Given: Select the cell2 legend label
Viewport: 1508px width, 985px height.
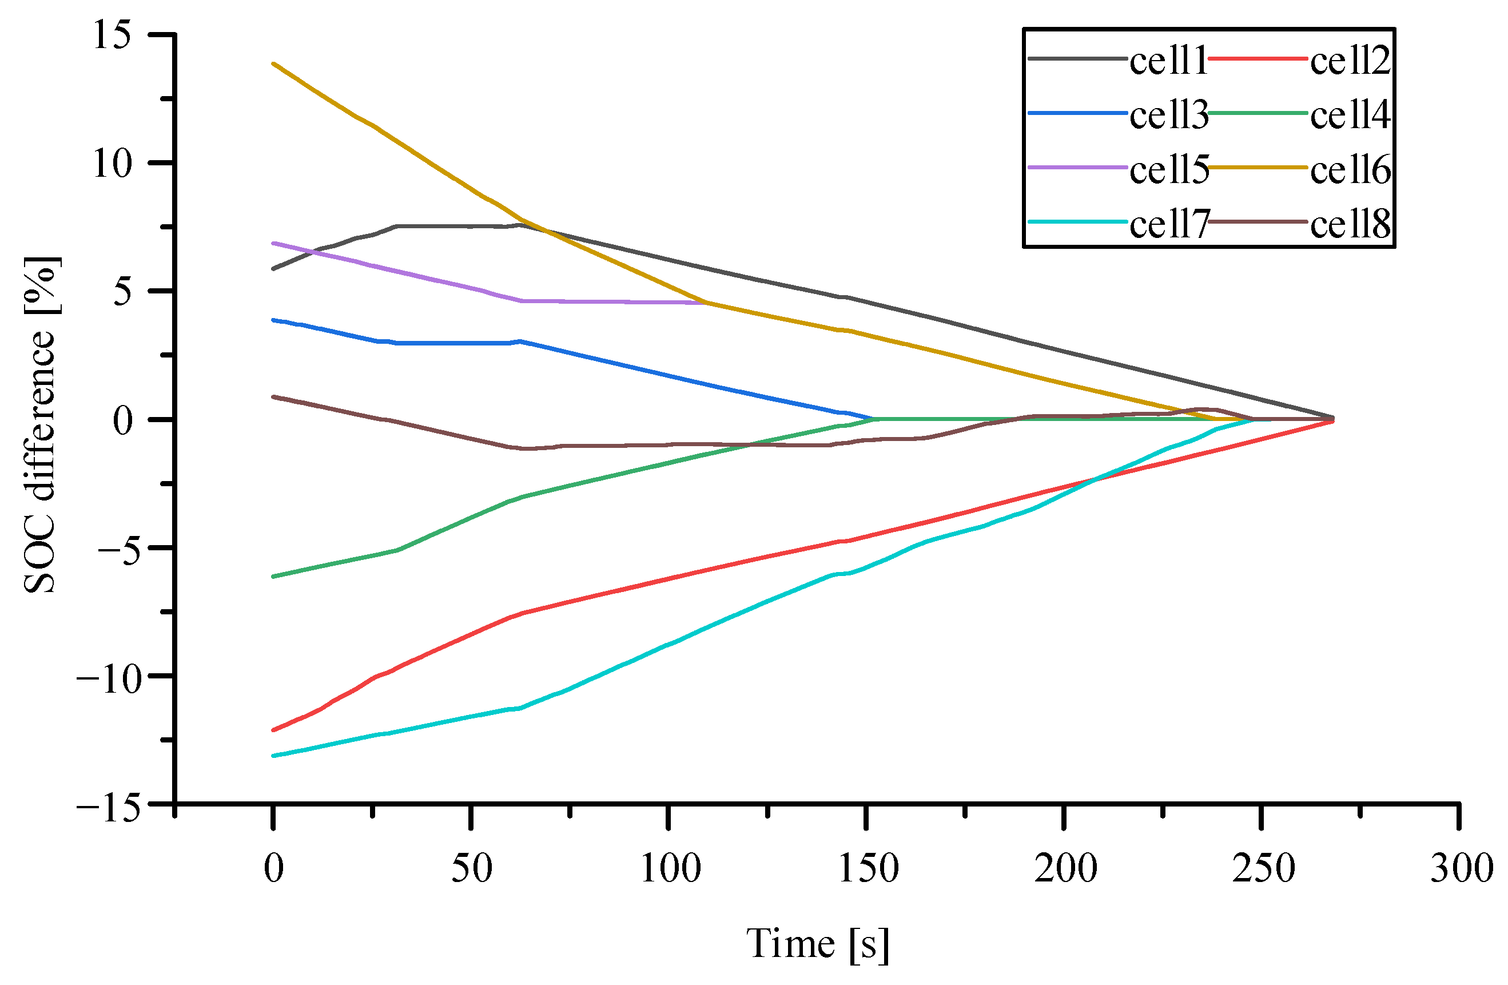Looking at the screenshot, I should coord(1350,61).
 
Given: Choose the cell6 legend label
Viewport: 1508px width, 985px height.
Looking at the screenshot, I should coord(1350,170).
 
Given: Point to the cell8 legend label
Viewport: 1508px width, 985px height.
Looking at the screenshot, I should coord(1350,225).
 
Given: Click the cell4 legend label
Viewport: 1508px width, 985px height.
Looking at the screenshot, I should coord(1350,116).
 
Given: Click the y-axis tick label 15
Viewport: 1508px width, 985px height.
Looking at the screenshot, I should coord(112,35).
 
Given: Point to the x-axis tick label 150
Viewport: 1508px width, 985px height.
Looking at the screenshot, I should coord(868,868).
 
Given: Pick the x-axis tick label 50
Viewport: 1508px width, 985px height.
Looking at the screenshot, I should coord(471,868).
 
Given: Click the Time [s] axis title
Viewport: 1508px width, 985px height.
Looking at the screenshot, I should coord(817,944).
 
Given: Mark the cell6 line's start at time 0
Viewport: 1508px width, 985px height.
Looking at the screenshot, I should coord(274,64).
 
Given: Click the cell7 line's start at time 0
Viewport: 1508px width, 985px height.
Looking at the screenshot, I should coord(274,756).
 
